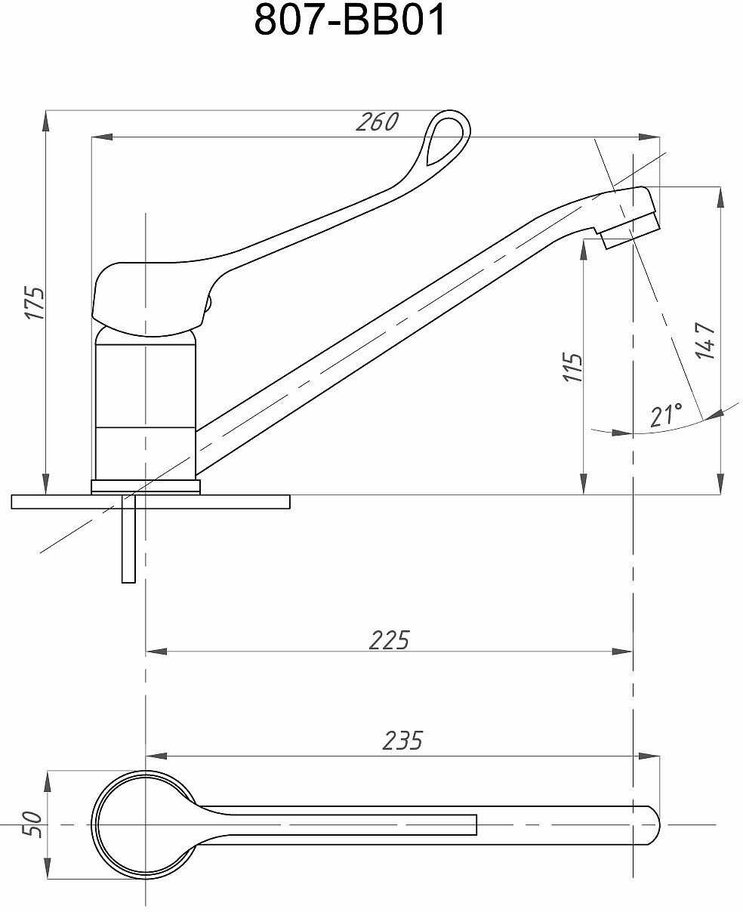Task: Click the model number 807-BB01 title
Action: coord(350,21)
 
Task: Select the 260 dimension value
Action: coord(377,122)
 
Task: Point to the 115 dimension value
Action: coord(574,367)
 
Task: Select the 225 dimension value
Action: coord(389,639)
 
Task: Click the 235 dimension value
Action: coord(402,741)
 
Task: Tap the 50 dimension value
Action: coord(31,823)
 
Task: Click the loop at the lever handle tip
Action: coord(446,138)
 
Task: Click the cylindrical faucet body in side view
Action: coord(145,408)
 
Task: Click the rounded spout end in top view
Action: coord(649,824)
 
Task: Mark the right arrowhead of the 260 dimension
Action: coord(651,137)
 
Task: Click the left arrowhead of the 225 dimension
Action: coord(154,651)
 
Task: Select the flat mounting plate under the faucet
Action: coord(151,501)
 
